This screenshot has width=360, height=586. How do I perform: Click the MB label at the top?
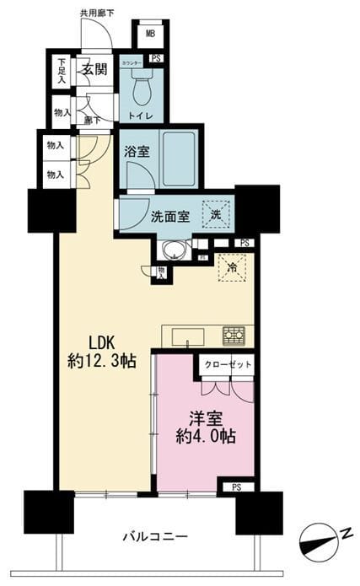point(150,34)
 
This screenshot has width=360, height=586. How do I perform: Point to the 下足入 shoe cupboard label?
point(61,70)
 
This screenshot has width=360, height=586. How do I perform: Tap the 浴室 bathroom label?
point(137,153)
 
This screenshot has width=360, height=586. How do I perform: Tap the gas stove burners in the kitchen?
point(234,336)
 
